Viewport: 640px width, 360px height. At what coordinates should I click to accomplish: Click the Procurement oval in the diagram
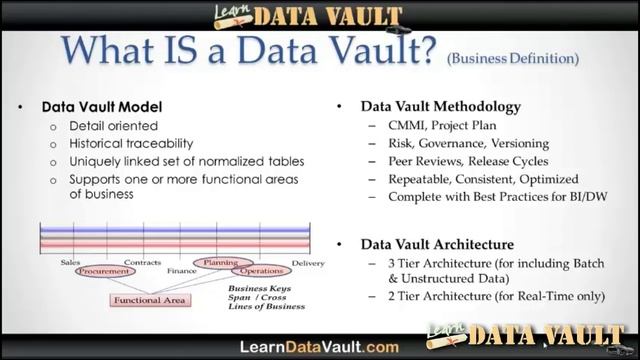point(107,271)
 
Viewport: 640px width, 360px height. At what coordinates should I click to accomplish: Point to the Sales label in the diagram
point(70,262)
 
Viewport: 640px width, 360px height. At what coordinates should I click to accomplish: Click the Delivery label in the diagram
point(308,263)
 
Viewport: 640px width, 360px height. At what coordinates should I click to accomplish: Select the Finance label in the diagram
point(182,271)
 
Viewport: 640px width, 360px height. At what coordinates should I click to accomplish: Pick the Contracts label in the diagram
point(142,262)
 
